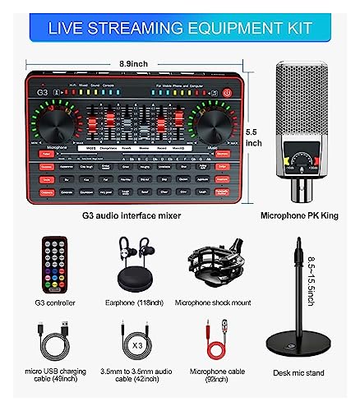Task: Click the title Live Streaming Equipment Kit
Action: tap(179, 27)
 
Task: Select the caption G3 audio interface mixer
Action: tap(132, 216)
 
